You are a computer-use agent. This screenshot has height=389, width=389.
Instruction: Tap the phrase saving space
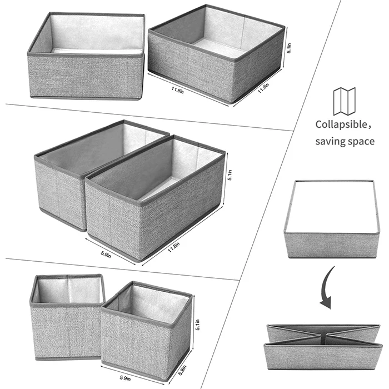[345, 142]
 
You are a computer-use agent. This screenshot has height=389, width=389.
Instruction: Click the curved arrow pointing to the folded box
[326, 287]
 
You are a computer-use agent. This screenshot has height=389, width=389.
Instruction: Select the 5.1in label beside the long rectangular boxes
[230, 176]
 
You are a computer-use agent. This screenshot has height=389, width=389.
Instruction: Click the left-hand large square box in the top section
[86, 61]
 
